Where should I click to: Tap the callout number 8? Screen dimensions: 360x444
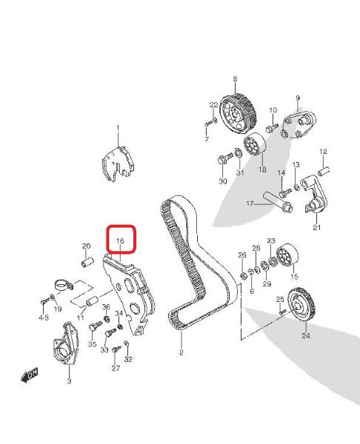click(235, 79)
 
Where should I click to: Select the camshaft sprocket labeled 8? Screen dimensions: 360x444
click(238, 113)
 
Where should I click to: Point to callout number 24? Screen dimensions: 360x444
click(306, 336)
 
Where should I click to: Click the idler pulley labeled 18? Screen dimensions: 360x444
click(254, 144)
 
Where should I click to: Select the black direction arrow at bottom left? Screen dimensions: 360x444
click(30, 376)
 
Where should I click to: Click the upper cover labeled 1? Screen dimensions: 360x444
click(118, 164)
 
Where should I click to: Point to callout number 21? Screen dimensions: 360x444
click(316, 227)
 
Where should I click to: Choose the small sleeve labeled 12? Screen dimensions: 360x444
click(324, 172)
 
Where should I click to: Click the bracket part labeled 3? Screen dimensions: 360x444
click(65, 343)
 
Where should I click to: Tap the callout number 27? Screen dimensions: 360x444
click(116, 368)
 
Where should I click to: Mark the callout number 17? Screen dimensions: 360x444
click(250, 203)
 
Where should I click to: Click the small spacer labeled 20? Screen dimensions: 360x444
click(87, 262)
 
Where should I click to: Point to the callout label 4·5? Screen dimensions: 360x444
click(44, 317)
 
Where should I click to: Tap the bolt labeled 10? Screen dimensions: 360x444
click(271, 127)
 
